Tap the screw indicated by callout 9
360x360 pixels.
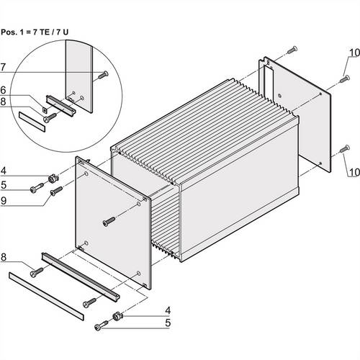point(55,190)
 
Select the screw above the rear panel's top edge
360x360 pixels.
point(291,50)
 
